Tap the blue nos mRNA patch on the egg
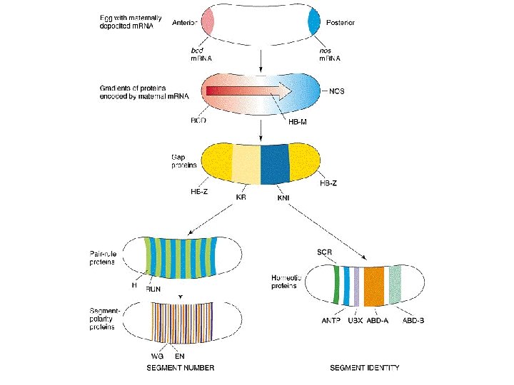coord(314,21)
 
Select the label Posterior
coord(340,22)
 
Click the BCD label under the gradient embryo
coord(198,121)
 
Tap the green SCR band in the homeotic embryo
coord(336,283)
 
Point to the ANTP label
coord(332,320)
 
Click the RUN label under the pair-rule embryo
coord(153,289)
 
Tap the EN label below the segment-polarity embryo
coord(179,354)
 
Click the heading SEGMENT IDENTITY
coord(364,368)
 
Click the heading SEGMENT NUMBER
coord(181,368)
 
